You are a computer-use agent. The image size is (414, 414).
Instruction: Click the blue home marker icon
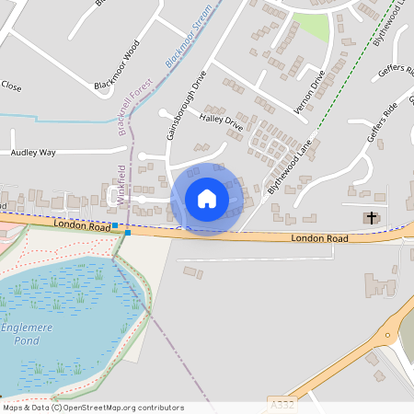[x=207, y=199]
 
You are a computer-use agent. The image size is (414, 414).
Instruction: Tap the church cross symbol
[x=372, y=218]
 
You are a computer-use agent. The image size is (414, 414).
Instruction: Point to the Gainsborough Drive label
[x=178, y=108]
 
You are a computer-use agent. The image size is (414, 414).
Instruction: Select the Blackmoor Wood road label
[x=117, y=64]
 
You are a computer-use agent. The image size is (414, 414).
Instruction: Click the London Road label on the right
[x=319, y=238]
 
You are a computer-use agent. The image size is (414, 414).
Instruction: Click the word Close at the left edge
[x=11, y=86]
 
